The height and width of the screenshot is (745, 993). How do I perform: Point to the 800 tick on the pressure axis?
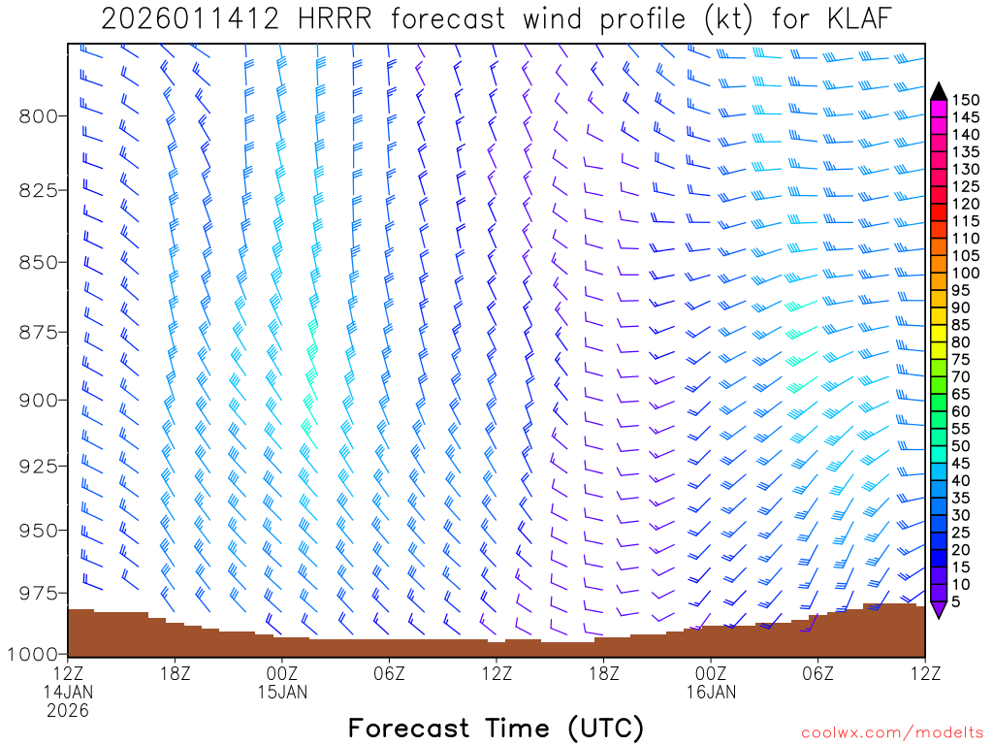(x=39, y=116)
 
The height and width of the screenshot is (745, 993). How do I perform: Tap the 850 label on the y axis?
(x=39, y=262)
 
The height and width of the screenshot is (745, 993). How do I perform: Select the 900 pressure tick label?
(x=39, y=400)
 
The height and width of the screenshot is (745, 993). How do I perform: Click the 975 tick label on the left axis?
(x=39, y=593)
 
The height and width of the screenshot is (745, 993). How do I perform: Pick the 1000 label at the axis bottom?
(x=33, y=653)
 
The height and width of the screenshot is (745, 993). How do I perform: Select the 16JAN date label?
(x=711, y=692)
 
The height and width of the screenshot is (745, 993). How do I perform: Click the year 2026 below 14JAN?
(x=68, y=710)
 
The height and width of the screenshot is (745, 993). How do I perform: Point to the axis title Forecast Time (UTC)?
(x=496, y=728)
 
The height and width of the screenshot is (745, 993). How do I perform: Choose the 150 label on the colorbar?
(x=966, y=100)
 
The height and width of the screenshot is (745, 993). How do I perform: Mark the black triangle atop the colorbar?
(x=938, y=91)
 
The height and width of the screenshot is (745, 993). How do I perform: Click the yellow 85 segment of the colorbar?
(x=938, y=325)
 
